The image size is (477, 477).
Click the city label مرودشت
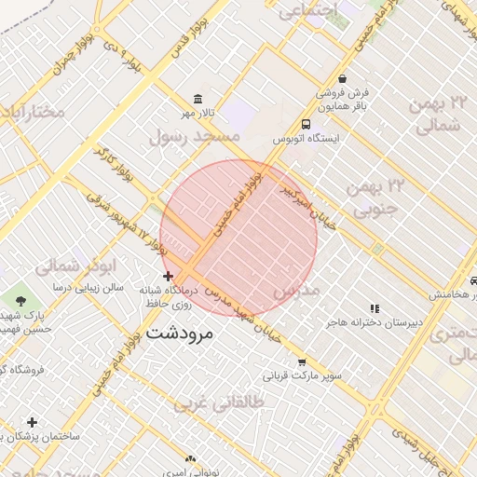[x=181, y=332]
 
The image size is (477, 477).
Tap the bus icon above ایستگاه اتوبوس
[x=307, y=124]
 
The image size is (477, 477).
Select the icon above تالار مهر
[x=198, y=100]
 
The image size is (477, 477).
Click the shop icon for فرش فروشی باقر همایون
[x=344, y=79]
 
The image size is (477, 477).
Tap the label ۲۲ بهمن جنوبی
[x=377, y=198]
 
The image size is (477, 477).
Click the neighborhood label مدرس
[x=296, y=291]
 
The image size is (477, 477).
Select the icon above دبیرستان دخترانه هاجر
[x=375, y=307]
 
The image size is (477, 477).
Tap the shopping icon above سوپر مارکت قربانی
[x=301, y=362]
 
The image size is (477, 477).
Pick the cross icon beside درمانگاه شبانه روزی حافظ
[x=168, y=277]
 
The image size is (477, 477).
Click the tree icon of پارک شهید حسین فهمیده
[x=20, y=300]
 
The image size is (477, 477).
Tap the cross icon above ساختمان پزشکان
[x=32, y=422]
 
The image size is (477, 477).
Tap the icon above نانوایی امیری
[x=190, y=459]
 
